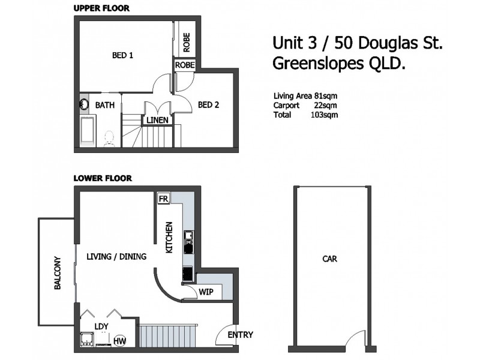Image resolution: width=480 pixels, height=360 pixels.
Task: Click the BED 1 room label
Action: [x=122, y=56]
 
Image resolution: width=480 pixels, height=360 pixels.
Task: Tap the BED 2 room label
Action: [x=208, y=105]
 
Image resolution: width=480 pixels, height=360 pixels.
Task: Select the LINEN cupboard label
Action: [x=158, y=121]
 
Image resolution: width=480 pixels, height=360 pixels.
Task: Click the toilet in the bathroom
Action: [x=110, y=139]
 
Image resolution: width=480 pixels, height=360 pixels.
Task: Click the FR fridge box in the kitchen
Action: [x=163, y=199]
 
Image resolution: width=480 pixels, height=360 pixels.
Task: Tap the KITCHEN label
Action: [x=170, y=237]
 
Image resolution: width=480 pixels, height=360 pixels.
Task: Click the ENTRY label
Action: [x=241, y=335]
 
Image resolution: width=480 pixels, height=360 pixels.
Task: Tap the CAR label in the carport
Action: [x=329, y=260]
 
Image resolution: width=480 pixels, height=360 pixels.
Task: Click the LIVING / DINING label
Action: [x=116, y=257]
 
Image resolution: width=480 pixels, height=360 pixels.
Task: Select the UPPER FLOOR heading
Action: [x=101, y=8]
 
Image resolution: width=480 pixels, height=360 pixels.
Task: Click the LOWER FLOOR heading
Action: [x=103, y=178]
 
